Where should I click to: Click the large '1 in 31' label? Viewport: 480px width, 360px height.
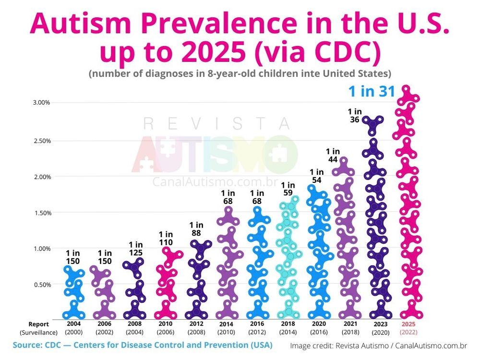pos(371,92)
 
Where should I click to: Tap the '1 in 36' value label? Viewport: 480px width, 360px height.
pos(355,116)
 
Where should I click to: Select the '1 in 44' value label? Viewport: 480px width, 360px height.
pos(333,156)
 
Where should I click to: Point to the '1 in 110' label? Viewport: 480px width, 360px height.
pos(166,239)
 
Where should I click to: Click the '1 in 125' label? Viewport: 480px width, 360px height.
pos(136,249)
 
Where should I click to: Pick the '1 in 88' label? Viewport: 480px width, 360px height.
pos(196,229)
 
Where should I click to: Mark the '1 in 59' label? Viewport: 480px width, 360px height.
pos(288,189)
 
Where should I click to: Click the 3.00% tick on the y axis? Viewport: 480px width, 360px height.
pos(41,103)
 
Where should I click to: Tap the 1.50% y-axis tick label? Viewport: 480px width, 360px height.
pos(41,213)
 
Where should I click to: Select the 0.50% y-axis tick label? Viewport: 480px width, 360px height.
pos(41,284)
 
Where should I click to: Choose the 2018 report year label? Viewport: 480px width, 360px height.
pos(288,324)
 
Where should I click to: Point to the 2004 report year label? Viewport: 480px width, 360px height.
pos(74,324)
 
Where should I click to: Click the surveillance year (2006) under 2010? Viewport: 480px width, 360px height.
pos(166,332)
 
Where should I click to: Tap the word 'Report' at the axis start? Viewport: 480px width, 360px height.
pos(38,324)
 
